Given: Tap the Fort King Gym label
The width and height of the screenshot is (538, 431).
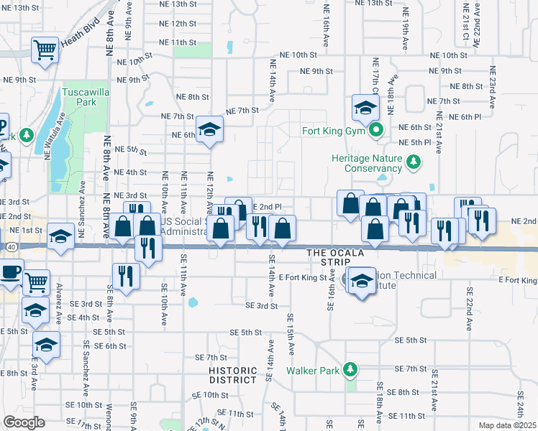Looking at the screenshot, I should click(334, 131).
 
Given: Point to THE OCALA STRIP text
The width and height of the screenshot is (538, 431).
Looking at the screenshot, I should click(336, 253).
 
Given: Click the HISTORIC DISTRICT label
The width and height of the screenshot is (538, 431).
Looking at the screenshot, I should click(233, 376).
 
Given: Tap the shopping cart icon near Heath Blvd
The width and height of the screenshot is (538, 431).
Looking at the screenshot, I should click(45, 50).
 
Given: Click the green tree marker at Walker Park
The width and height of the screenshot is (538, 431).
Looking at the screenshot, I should click(350, 370).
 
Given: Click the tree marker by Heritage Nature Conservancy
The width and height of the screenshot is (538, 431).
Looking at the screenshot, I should click(414, 163).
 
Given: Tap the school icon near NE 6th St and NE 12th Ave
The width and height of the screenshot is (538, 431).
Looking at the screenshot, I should click(210, 129).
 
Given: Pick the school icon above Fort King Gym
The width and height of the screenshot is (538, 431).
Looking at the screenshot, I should click(365, 108).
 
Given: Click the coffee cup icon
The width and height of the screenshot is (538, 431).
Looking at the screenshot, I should click(11, 272).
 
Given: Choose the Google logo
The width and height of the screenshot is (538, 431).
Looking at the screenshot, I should click(24, 422).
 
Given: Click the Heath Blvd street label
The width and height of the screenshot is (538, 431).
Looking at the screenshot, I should click(77, 43).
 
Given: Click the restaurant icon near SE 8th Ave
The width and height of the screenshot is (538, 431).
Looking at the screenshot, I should click(125, 276).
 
